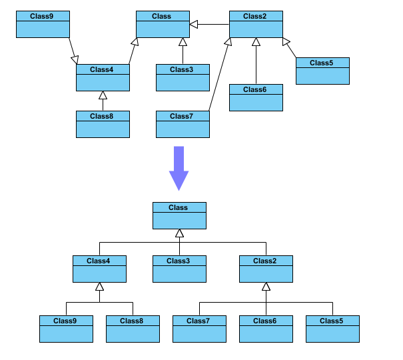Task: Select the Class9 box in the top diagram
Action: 43,25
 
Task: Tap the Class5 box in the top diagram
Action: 322,71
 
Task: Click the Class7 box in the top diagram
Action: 183,125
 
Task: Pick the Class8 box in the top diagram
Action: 103,125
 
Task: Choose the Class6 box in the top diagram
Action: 256,98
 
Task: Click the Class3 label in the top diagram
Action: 181,69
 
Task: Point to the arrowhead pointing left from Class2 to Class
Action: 194,25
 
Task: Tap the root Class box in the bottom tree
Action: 179,216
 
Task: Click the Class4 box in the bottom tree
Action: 99,269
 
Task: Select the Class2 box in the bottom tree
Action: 266,269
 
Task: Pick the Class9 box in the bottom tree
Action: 66,329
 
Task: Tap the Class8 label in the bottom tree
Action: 131,321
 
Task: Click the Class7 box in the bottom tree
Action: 199,329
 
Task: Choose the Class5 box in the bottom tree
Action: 332,329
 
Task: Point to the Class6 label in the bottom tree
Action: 264,321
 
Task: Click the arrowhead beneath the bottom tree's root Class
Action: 179,233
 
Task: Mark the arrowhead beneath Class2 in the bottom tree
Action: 266,287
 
